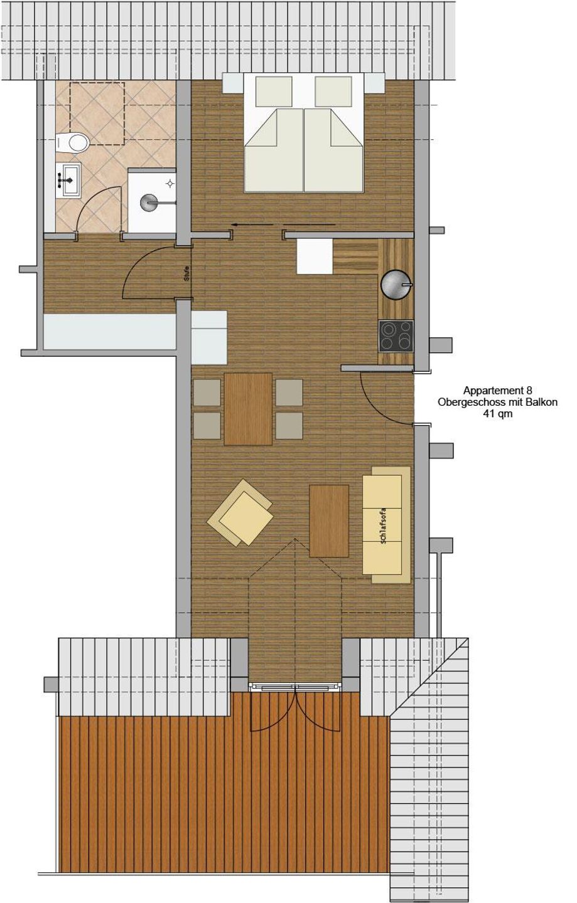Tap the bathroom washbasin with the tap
(68, 179)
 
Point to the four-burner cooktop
(396, 336)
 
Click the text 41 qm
(497, 413)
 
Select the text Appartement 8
(497, 390)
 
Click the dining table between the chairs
(248, 409)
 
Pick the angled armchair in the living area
(240, 512)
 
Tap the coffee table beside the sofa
(329, 521)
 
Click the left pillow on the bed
(274, 92)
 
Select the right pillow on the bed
(333, 92)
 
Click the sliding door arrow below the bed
(283, 224)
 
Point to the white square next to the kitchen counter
(315, 256)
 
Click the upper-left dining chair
(207, 393)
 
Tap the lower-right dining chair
(289, 425)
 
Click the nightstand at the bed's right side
(375, 83)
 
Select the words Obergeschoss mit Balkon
(497, 402)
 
